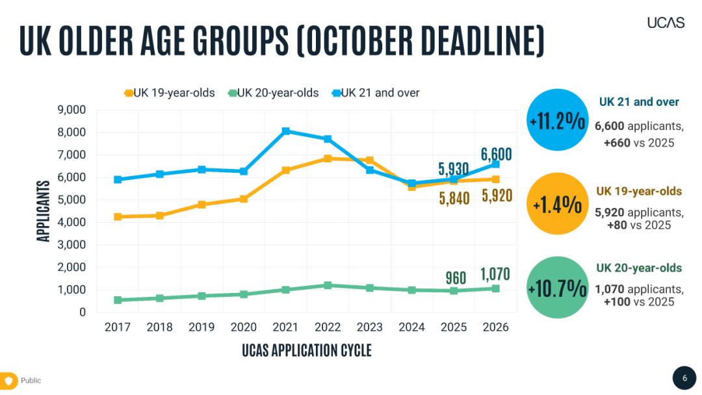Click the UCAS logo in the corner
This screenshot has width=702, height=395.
[x=666, y=22]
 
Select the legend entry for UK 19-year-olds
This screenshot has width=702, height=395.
[x=170, y=93]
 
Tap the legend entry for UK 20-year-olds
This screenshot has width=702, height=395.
[x=274, y=93]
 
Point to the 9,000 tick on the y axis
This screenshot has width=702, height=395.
[x=72, y=110]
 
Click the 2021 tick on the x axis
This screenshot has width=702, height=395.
[x=286, y=327]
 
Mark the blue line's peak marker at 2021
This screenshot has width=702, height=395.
[x=286, y=131]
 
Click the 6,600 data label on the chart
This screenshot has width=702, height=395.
[x=497, y=155]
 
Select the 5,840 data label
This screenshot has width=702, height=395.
[x=454, y=198]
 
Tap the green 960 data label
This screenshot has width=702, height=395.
[x=456, y=278]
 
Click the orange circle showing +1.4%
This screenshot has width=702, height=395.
[x=557, y=204]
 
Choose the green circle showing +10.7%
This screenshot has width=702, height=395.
[x=557, y=288]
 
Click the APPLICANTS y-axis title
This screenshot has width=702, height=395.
[x=44, y=211]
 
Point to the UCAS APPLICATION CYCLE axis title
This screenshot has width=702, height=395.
[x=307, y=351]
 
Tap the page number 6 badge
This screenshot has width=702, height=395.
[x=684, y=378]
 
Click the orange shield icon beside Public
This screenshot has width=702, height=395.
[x=9, y=381]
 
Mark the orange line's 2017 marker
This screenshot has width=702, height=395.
[x=118, y=216]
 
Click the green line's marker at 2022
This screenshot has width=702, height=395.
[x=328, y=285]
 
